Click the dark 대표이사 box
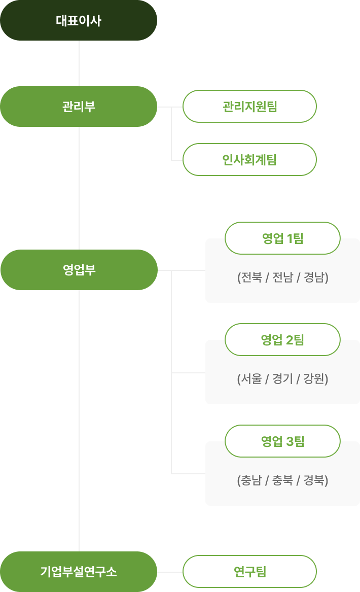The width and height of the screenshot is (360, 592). pyautogui.click(x=79, y=21)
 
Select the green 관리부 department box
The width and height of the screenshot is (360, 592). pyautogui.click(x=79, y=107)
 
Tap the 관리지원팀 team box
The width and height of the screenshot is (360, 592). pyautogui.click(x=249, y=107)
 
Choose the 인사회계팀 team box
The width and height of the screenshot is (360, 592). pyautogui.click(x=249, y=160)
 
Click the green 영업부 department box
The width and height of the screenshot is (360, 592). pyautogui.click(x=79, y=270)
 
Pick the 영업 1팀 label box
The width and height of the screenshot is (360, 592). pyautogui.click(x=282, y=238)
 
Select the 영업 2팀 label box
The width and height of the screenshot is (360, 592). pyautogui.click(x=282, y=340)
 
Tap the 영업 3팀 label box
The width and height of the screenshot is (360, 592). pyautogui.click(x=282, y=441)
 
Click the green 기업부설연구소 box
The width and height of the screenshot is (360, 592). pyautogui.click(x=79, y=572)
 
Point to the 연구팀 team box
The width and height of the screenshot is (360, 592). pyautogui.click(x=249, y=572)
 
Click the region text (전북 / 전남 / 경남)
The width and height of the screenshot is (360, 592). pyautogui.click(x=282, y=278)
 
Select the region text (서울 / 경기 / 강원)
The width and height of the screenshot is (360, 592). pyautogui.click(x=282, y=379)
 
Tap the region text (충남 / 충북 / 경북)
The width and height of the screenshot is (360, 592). pyautogui.click(x=282, y=480)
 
